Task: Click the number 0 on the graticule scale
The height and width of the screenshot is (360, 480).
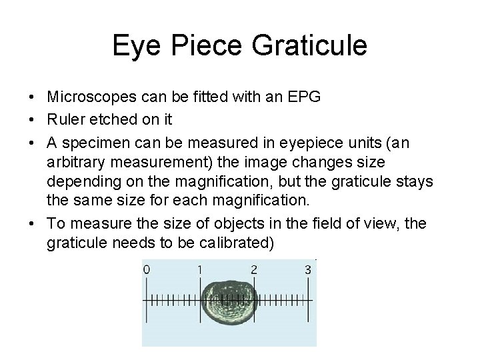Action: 146,270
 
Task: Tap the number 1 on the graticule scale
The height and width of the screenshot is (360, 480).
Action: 199,270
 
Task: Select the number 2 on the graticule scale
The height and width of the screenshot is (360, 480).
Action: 253,270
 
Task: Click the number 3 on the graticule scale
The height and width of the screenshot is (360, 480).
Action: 307,270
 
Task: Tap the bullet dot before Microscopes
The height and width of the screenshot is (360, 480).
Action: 32,98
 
